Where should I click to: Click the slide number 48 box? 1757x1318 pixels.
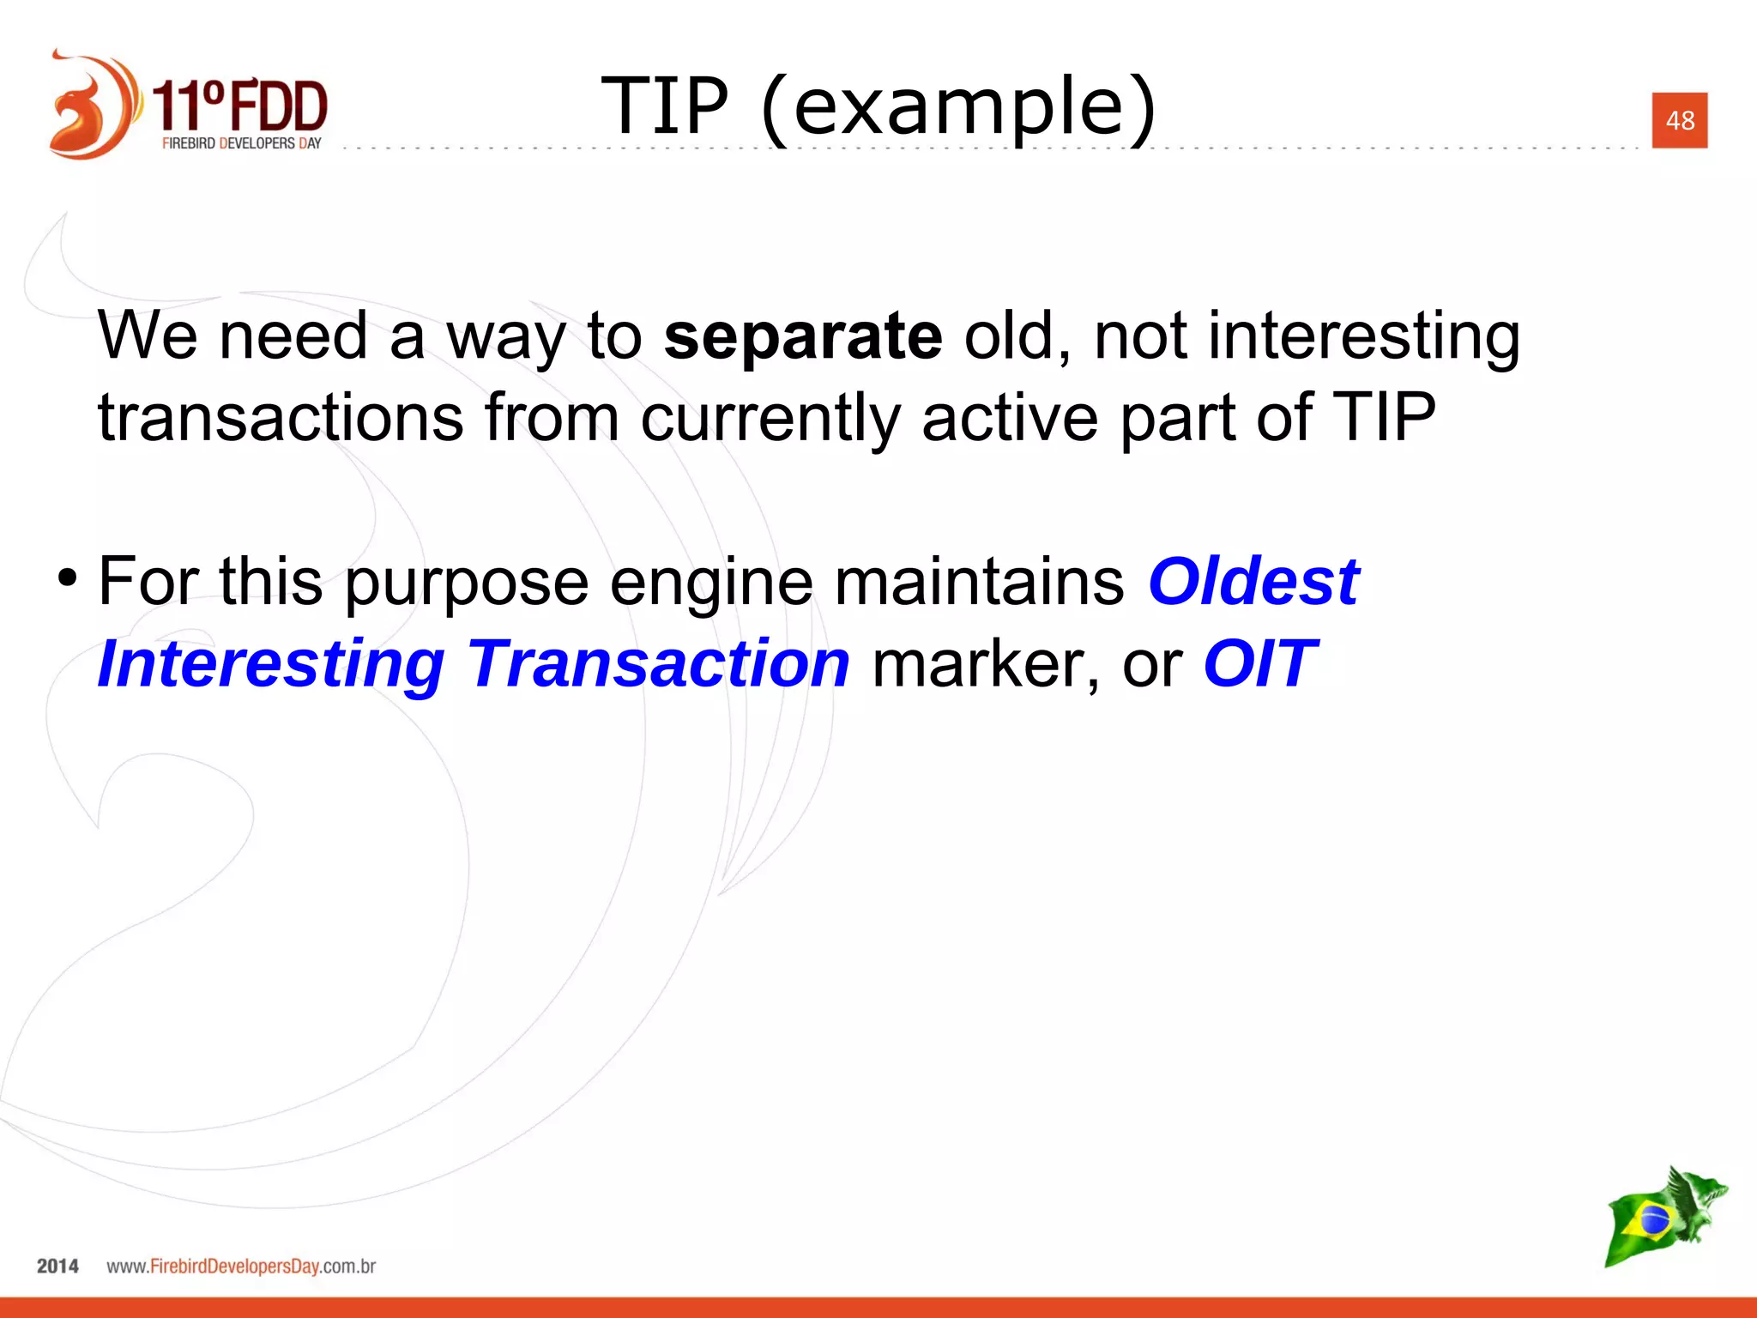[x=1679, y=120]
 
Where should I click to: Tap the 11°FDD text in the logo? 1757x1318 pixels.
[x=241, y=106]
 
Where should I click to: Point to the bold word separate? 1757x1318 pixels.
[x=803, y=336]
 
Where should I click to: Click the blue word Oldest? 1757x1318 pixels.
[x=1253, y=582]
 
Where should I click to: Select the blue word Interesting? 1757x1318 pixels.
[x=271, y=665]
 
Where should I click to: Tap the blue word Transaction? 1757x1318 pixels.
[x=659, y=665]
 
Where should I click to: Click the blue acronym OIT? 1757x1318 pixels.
[x=1259, y=665]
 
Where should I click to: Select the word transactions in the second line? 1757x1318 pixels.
[x=281, y=419]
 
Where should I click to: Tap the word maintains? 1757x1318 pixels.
[x=979, y=582]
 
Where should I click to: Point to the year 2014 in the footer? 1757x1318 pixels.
[x=57, y=1266]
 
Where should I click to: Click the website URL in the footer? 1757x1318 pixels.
[x=241, y=1267]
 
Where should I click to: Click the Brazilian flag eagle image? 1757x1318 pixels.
[x=1663, y=1217]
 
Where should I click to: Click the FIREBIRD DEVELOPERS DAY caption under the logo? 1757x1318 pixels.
[x=241, y=143]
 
